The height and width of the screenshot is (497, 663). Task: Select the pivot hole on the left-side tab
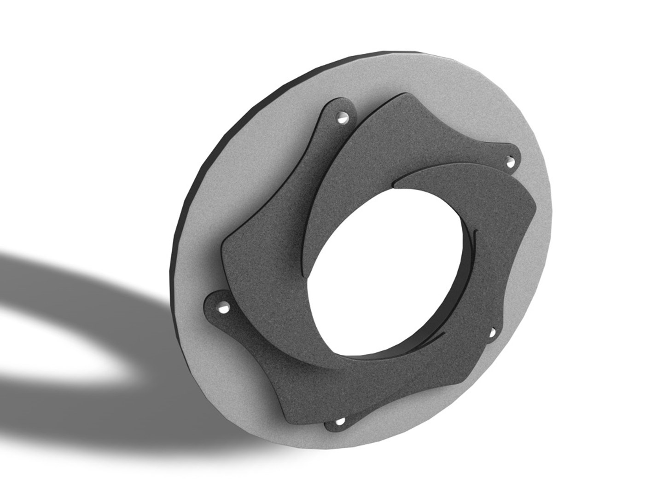coord(224,307)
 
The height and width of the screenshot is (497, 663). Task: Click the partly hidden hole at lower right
coord(491,332)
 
